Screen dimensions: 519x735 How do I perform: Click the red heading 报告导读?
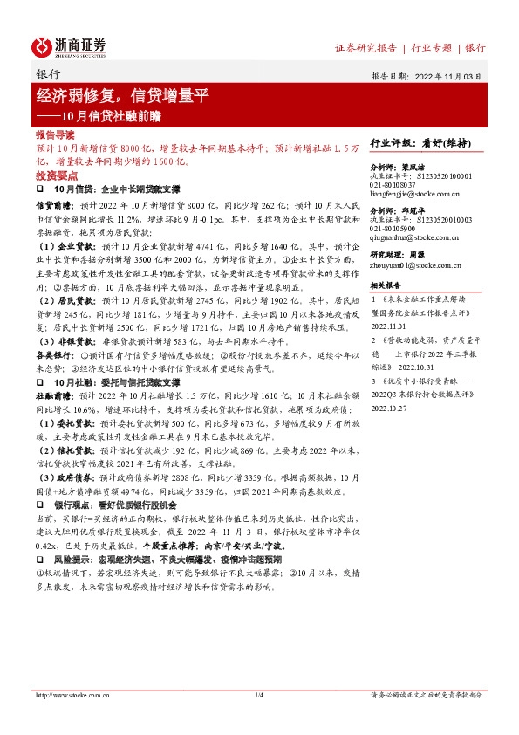pyautogui.click(x=55, y=136)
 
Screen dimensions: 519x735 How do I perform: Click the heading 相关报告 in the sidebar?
pyautogui.click(x=386, y=285)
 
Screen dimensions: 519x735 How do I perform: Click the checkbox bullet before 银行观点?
pyautogui.click(x=38, y=505)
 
